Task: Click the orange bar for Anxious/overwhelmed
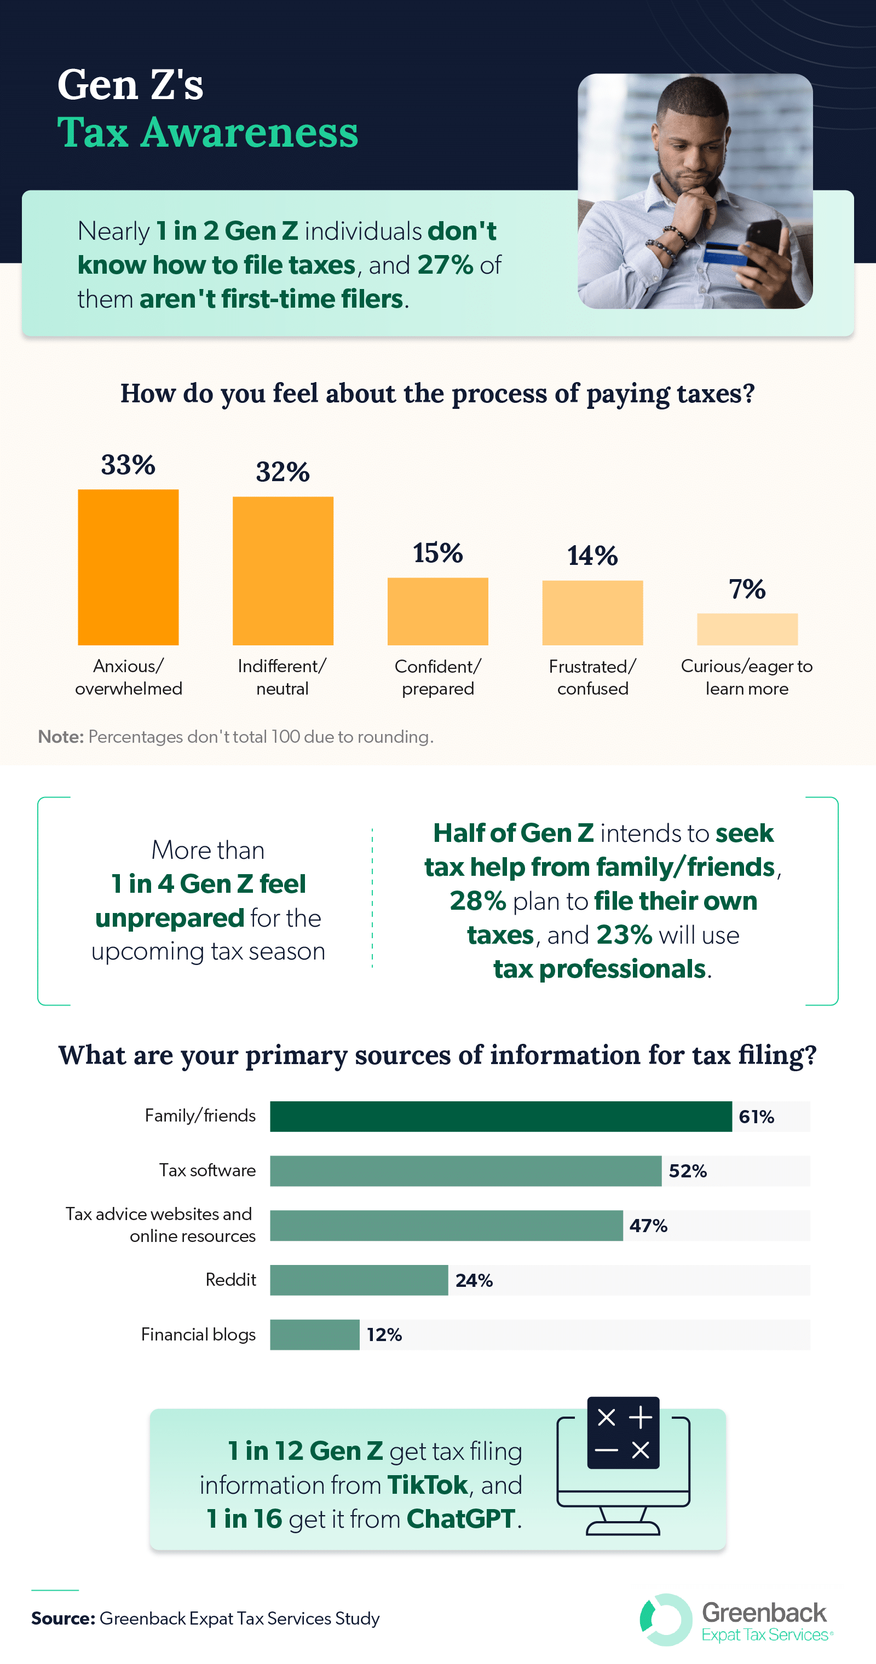pos(128,567)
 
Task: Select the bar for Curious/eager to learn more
pos(747,628)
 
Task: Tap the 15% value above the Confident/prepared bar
pos(437,553)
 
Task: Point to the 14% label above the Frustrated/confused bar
pos(592,556)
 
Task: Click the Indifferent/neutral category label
pos(283,677)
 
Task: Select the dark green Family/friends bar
pos(500,1116)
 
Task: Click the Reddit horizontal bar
pos(359,1280)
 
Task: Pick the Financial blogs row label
pos(198,1334)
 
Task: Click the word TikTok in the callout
pos(428,1485)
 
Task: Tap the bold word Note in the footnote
pos(61,736)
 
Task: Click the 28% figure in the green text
pos(477,900)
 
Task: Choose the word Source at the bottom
pos(62,1618)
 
